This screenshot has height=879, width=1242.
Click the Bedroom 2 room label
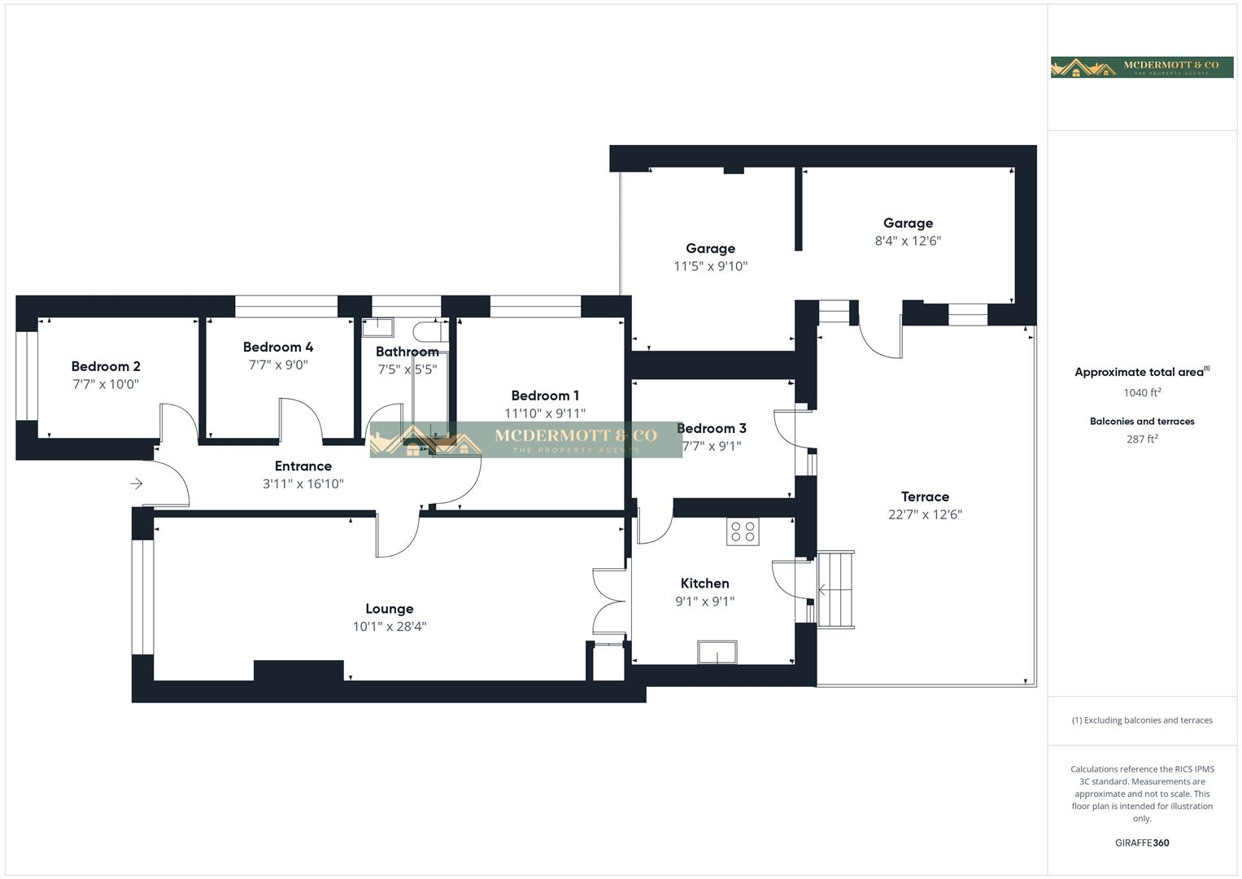coord(106,366)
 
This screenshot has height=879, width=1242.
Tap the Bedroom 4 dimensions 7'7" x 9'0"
coord(278,365)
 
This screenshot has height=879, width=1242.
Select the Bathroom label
coord(407,352)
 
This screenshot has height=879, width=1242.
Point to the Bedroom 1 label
coord(545,396)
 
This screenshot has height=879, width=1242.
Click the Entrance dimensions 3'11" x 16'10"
coord(303,484)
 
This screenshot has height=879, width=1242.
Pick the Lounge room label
coord(389,609)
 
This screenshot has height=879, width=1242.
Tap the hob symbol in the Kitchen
coord(743,531)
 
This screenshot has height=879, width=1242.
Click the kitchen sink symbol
coord(717,653)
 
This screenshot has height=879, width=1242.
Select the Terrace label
coord(925,496)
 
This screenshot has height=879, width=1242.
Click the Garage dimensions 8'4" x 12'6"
coord(908,241)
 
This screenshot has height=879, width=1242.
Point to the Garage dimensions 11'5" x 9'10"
coord(710,266)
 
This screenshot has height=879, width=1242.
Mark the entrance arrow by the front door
coord(137,484)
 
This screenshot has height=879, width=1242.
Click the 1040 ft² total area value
coord(1142,392)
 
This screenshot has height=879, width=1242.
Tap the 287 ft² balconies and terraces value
coord(1142,439)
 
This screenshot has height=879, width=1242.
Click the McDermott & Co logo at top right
coord(1142,67)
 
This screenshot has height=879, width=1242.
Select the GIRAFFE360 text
coord(1142,843)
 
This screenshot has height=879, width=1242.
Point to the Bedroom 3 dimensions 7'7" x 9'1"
coord(712,446)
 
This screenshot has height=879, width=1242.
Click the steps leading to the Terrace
coord(835,589)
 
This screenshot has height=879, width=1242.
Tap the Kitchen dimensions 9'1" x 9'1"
coord(704,602)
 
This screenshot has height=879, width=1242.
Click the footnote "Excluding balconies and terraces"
coord(1142,720)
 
